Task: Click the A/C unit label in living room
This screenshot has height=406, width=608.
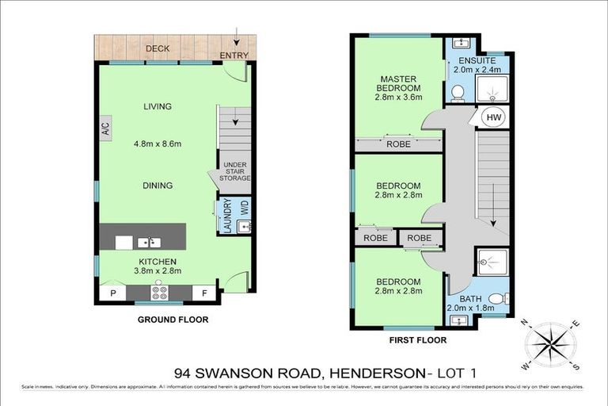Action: coord(105,128)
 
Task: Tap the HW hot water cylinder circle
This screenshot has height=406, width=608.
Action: coord(492,118)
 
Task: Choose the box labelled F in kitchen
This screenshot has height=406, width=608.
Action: coord(206,293)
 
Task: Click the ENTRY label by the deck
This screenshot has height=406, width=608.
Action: coord(234,56)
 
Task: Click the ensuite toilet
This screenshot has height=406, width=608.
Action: coord(457,94)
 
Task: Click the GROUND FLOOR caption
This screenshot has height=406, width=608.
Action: coord(172,320)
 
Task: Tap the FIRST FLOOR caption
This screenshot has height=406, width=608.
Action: coord(416,340)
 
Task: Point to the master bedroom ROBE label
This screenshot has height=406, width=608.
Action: coord(397,145)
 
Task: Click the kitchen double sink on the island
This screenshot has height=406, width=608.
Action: coord(148,242)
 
